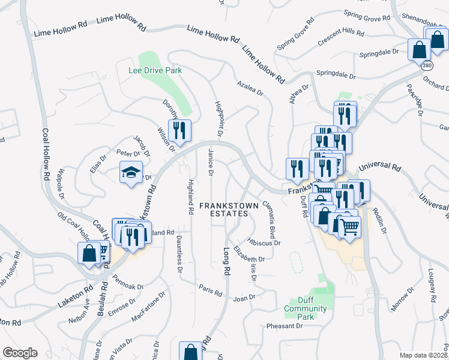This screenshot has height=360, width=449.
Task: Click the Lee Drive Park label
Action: coord(155,70)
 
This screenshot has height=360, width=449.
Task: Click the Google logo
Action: coord(20,353)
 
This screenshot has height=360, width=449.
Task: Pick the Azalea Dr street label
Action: coord(250,88)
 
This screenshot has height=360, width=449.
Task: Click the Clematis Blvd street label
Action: coord(268,219)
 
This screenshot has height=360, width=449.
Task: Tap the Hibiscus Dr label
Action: coord(264,243)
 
